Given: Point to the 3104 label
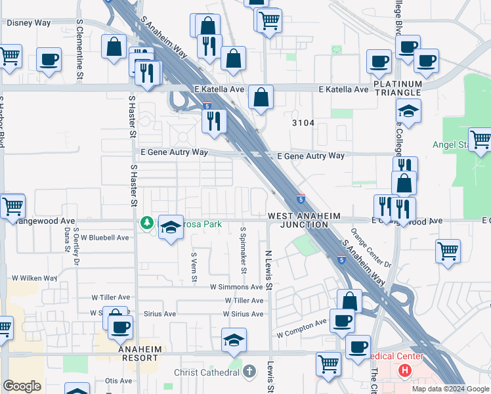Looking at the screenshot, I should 303,123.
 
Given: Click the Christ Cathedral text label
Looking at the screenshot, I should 206,373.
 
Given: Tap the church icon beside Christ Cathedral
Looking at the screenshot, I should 249,372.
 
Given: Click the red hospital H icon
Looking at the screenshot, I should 404,370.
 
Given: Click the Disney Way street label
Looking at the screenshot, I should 29,23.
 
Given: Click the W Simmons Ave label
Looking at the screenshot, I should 236,287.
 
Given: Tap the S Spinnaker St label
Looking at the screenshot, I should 243,250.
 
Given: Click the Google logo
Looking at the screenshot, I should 22,386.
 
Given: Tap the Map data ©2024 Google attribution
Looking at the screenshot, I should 450,389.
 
